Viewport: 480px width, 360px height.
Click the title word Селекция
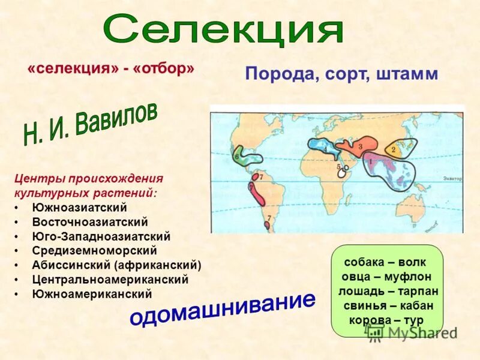[x=223, y=28]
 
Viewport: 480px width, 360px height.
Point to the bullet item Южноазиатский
[x=79, y=208]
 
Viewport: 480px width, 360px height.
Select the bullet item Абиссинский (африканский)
[x=116, y=265]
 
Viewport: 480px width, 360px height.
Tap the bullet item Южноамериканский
[x=92, y=294]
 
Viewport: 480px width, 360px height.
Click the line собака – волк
[x=384, y=262]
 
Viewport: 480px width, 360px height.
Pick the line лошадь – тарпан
[x=388, y=291]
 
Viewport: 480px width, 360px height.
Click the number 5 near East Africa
[x=338, y=167]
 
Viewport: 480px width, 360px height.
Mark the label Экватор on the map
[x=452, y=178]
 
